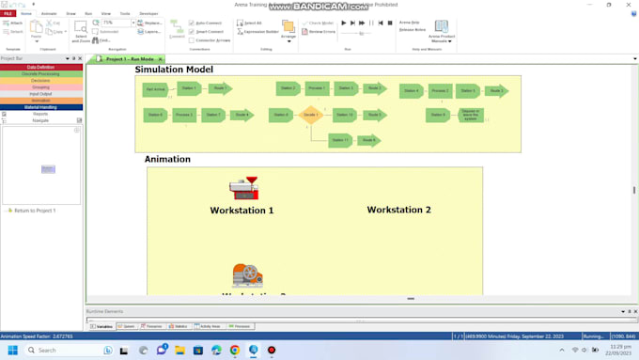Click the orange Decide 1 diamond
click(x=311, y=115)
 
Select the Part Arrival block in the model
click(x=155, y=89)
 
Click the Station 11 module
click(x=340, y=140)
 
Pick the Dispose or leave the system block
click(x=470, y=115)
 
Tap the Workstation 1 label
click(x=242, y=211)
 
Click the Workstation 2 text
click(x=398, y=210)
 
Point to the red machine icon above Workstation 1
click(x=244, y=187)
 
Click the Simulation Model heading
click(x=174, y=70)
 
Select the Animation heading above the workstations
click(x=167, y=159)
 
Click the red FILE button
click(x=8, y=14)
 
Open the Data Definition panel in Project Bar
click(x=40, y=68)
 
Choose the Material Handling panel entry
click(x=40, y=107)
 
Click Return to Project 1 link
click(x=34, y=211)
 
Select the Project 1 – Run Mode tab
click(x=129, y=59)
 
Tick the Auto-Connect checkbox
click(x=192, y=23)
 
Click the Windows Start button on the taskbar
click(x=9, y=350)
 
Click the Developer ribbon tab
click(x=148, y=14)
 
